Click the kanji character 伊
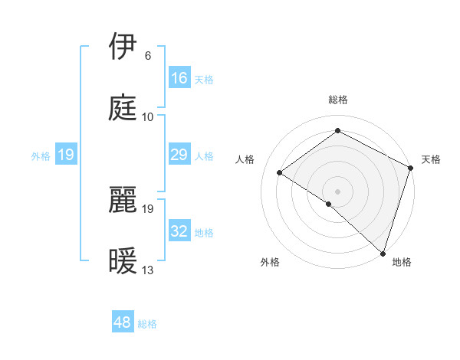coord(125,47)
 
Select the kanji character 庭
coord(125,109)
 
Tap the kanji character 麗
coord(125,200)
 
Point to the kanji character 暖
coord(125,262)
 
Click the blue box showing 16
coord(179,78)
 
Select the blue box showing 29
coord(179,155)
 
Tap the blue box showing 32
coord(179,231)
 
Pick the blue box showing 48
coord(123,322)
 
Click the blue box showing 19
coord(66,155)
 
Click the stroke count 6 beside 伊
coord(148,56)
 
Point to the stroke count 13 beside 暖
coord(148,270)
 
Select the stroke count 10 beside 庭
coord(148,117)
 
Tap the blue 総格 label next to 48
coord(147,324)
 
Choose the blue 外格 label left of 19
coord(41,156)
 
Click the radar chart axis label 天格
coord(431,159)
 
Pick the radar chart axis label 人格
coord(245,159)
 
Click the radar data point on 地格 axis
coord(383,253)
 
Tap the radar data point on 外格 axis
coord(329,204)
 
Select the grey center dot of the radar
coord(337,191)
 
